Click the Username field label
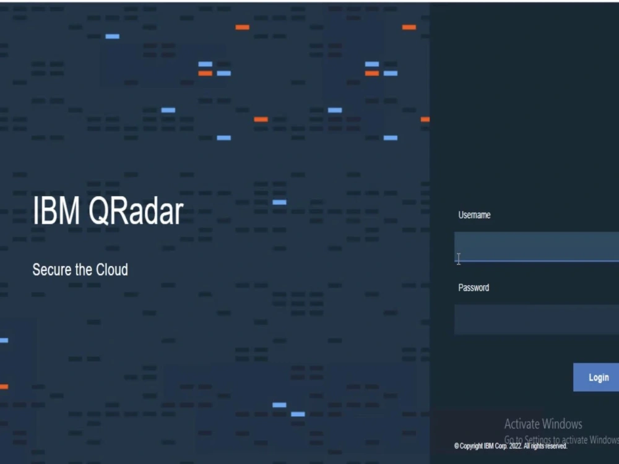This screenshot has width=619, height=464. [x=474, y=215]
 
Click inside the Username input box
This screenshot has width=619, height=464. [x=536, y=246]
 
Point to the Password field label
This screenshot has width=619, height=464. [x=474, y=288]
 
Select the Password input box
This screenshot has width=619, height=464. [x=536, y=319]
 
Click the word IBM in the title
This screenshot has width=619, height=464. [x=56, y=212]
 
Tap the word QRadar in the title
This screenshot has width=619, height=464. [x=136, y=212]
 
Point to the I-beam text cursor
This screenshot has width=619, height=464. [x=458, y=259]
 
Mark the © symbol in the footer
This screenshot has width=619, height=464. [x=457, y=446]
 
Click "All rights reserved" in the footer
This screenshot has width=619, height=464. [x=547, y=446]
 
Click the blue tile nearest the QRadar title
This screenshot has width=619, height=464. [x=279, y=202]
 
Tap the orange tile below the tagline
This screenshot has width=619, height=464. [x=3, y=387]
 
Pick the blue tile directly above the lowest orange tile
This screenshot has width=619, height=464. [x=3, y=340]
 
